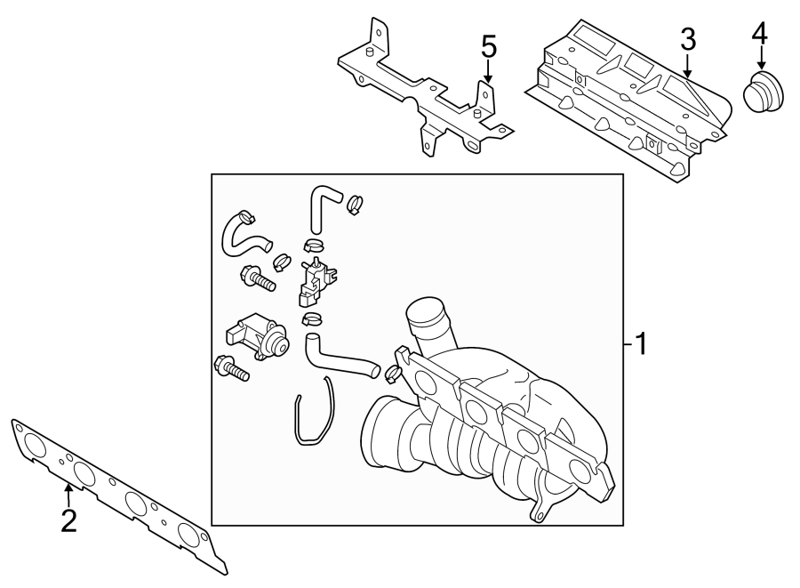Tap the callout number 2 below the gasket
click(x=68, y=520)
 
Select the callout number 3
click(x=687, y=38)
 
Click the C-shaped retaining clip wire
click(x=313, y=411)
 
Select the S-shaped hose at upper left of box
click(x=238, y=234)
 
